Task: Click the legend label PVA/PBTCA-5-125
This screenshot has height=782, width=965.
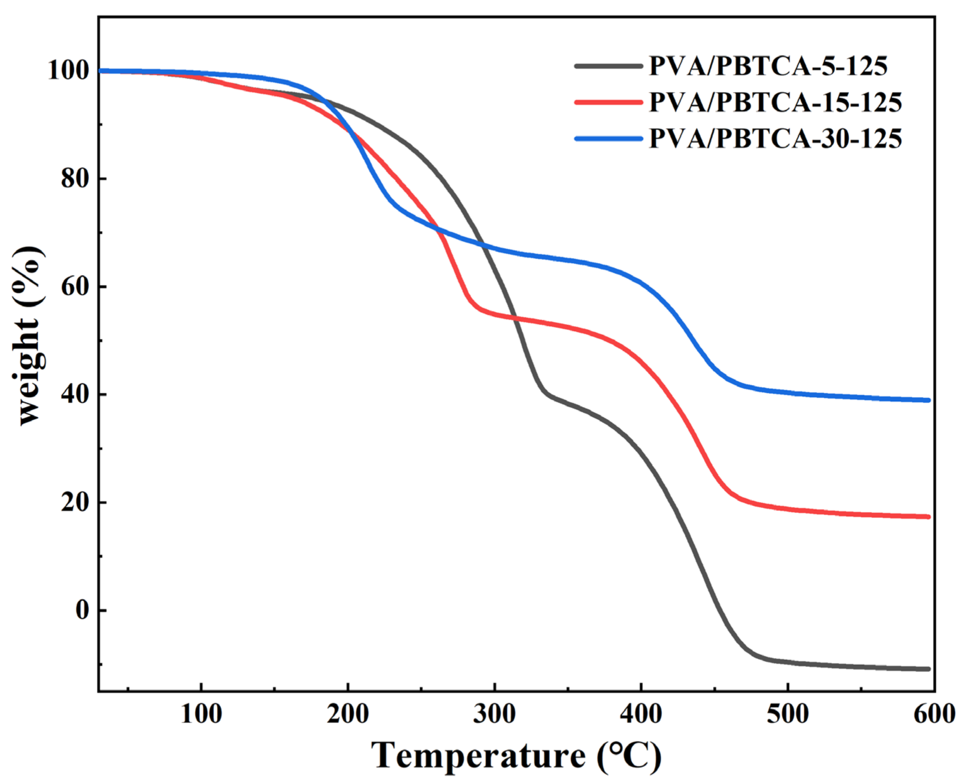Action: click(x=768, y=66)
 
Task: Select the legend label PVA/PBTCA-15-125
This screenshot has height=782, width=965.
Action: click(x=775, y=102)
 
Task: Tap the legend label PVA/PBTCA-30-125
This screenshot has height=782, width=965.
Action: click(x=775, y=138)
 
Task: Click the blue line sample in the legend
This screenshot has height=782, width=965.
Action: click(x=608, y=138)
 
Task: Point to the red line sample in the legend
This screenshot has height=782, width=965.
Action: click(x=608, y=102)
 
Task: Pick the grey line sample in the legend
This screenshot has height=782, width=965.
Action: click(x=608, y=66)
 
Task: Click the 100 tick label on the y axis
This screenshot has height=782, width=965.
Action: click(x=68, y=71)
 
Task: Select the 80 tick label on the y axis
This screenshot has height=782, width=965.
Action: click(x=75, y=179)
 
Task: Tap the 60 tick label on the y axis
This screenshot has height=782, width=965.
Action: click(x=75, y=287)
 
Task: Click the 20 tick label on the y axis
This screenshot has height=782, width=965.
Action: click(x=75, y=503)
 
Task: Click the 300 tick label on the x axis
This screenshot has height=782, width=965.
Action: click(x=494, y=715)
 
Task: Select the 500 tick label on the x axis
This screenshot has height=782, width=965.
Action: click(x=788, y=715)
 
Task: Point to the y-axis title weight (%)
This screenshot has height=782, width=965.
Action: click(x=30, y=335)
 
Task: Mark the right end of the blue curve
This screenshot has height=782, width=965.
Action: click(x=928, y=400)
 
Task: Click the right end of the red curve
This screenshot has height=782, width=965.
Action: click(x=928, y=517)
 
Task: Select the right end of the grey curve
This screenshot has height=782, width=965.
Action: click(x=928, y=669)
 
